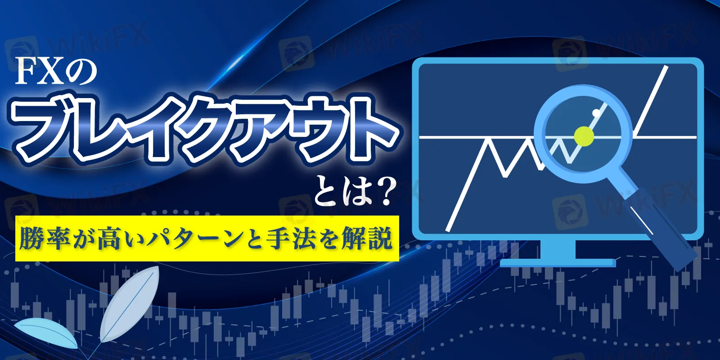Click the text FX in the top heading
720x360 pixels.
pyautogui.click(x=40, y=73)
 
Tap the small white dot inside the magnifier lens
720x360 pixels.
pyautogui.click(x=596, y=113)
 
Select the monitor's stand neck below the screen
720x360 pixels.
pyautogui.click(x=558, y=249)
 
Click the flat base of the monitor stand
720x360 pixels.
pyautogui.click(x=558, y=263)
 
